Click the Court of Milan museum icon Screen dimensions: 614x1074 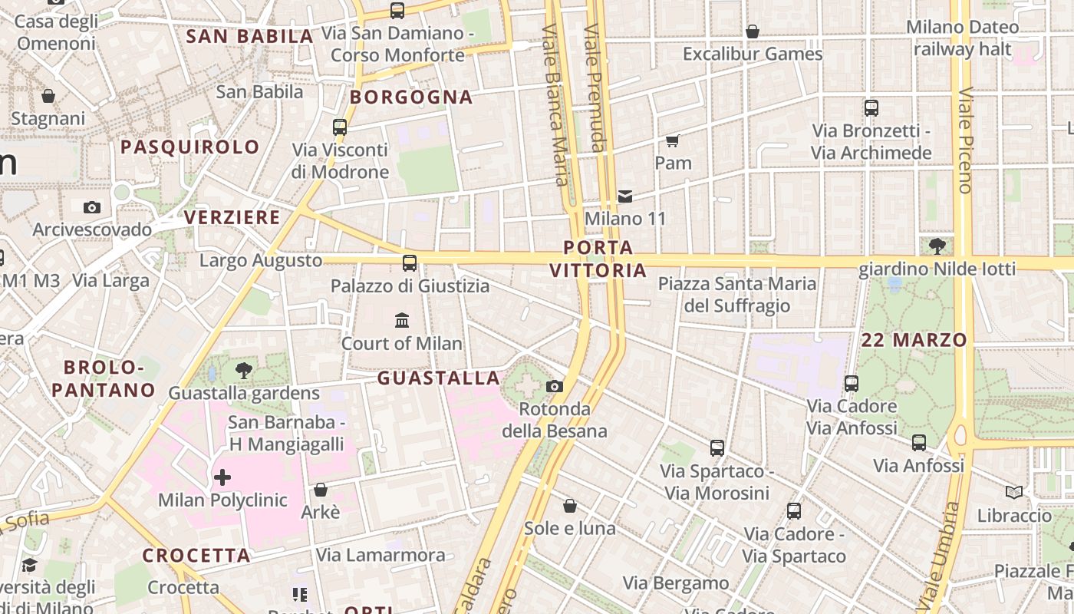coord(401,320)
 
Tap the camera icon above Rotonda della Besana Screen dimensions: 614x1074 coord(554,386)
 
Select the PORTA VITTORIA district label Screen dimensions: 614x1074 coord(598,259)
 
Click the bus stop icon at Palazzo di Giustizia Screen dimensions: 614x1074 coord(410,263)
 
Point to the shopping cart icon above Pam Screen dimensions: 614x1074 coord(673,140)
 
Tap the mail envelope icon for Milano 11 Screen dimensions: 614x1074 coord(625,196)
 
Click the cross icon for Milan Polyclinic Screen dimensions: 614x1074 coord(222,477)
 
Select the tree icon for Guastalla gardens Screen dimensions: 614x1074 coord(244,371)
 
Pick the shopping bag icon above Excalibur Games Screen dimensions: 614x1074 coord(753,31)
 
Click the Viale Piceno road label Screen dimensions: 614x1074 coord(965,140)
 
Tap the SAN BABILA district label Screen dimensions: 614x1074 coord(250,36)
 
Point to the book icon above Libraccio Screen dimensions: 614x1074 coord(1014,492)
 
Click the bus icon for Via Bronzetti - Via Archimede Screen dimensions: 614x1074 coord(871,108)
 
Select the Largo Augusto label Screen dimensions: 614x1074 coord(261,260)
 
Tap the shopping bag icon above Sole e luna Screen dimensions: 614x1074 coord(569,506)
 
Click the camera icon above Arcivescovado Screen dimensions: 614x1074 coord(91,207)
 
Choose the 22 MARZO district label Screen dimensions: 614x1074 coord(914,340)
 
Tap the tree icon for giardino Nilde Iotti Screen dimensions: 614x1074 coord(937,246)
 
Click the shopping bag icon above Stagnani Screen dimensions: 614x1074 coord(48,96)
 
